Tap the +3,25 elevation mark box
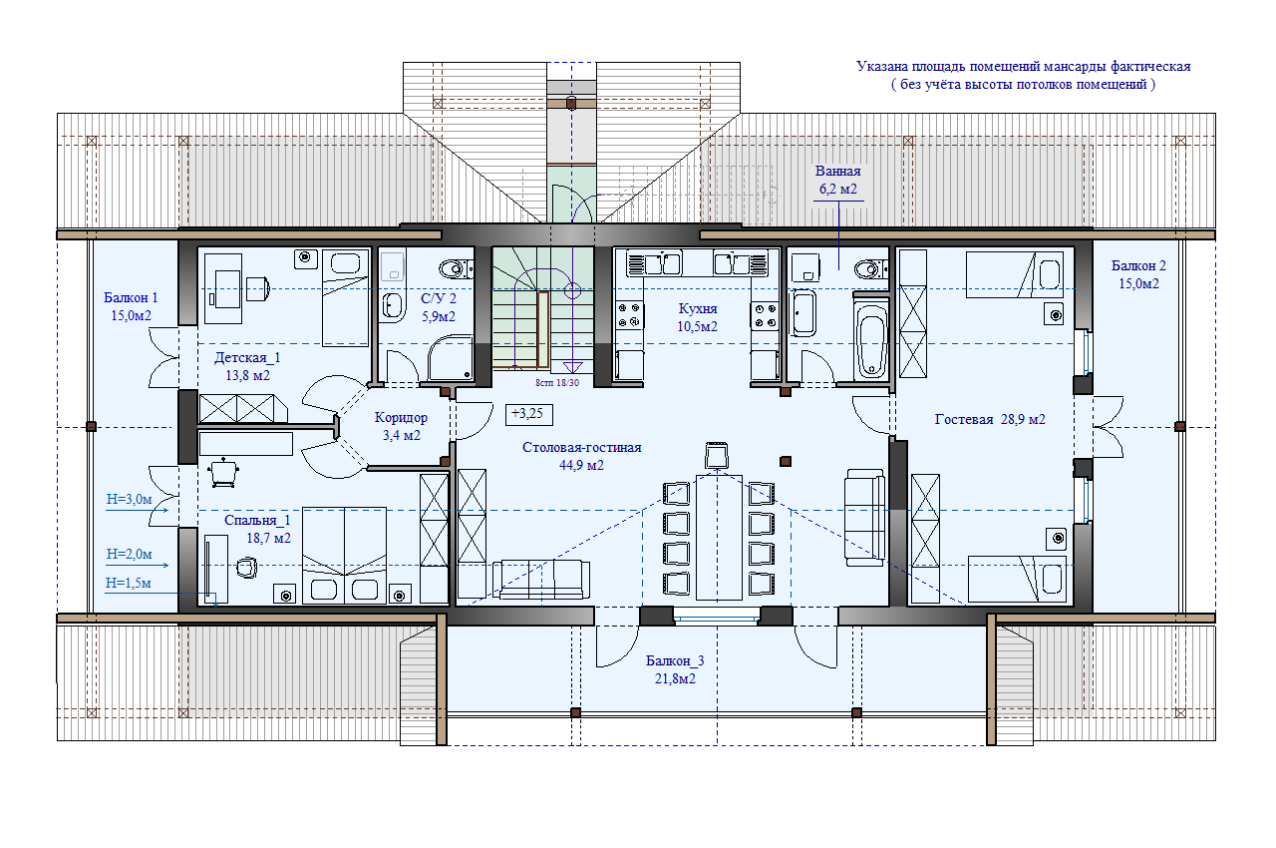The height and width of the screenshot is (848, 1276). tap(528, 414)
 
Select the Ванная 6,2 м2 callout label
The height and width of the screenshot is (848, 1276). tap(837, 181)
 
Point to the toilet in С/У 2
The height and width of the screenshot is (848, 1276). tap(456, 267)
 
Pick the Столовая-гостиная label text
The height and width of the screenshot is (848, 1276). tap(581, 447)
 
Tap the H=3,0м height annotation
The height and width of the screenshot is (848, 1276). tap(130, 499)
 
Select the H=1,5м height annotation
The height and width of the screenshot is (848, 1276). tap(129, 583)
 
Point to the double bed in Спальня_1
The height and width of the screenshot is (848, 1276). tap(344, 555)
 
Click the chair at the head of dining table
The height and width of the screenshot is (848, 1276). tap(716, 455)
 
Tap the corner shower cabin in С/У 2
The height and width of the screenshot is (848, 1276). tap(450, 358)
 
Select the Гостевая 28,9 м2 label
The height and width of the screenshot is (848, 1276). tap(990, 419)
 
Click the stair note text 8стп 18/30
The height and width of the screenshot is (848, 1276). tap(557, 383)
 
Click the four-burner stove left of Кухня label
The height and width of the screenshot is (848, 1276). tap(629, 315)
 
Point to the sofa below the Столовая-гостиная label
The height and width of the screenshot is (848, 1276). tap(541, 579)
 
